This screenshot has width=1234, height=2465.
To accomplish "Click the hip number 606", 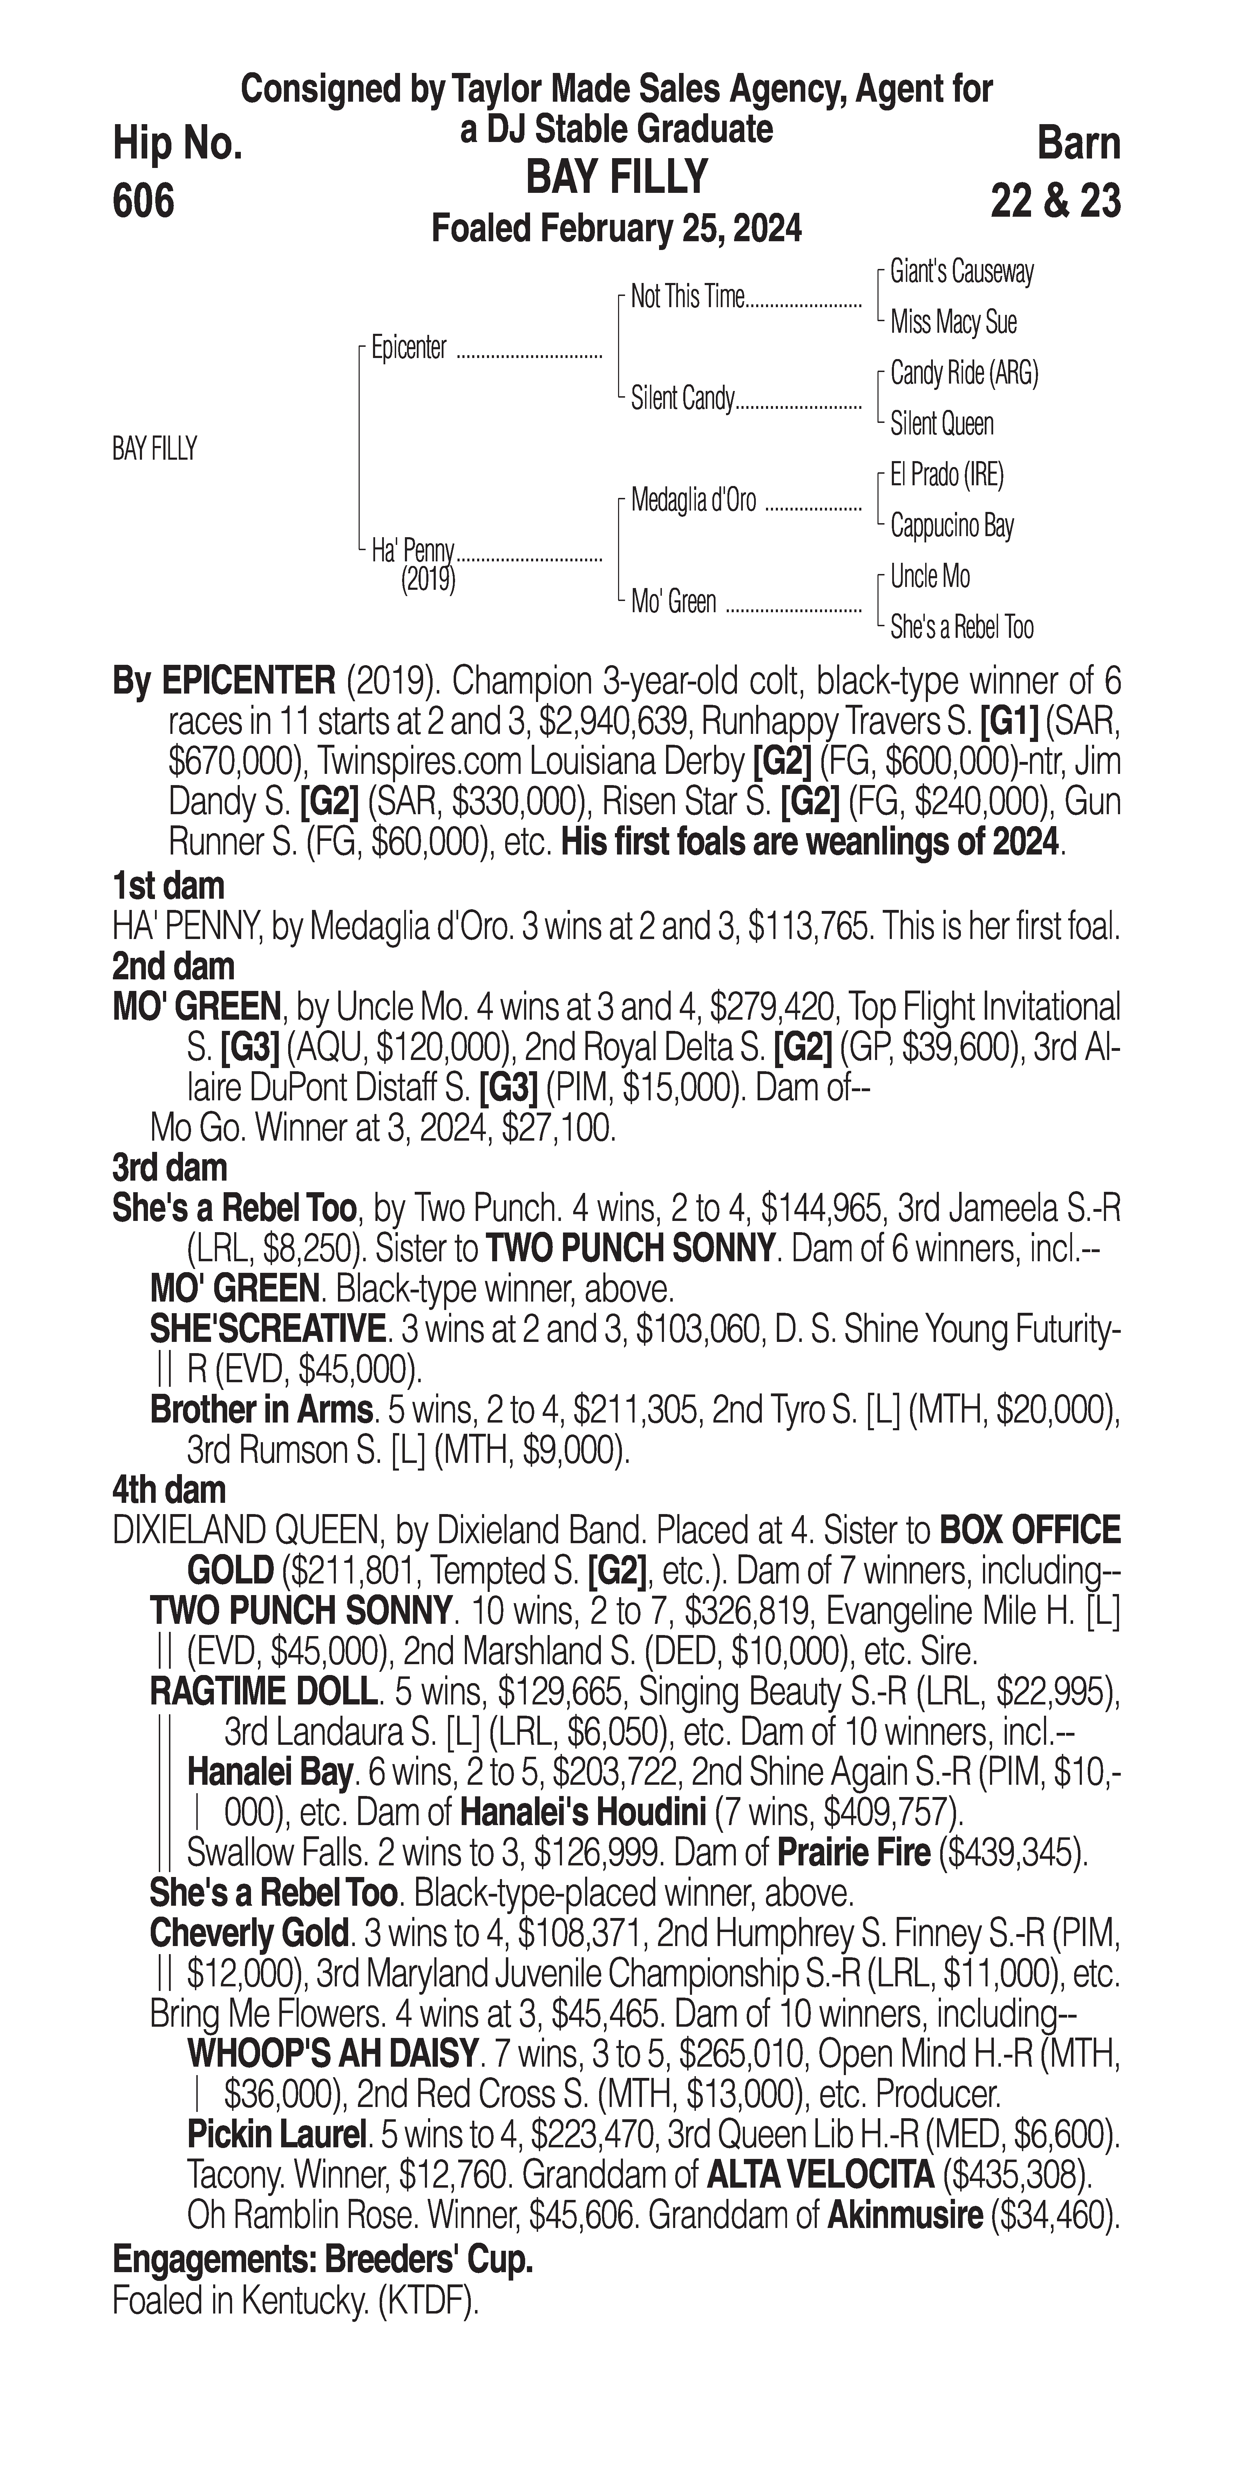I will click(x=143, y=201).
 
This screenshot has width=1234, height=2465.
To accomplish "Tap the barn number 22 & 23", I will click(x=1055, y=201).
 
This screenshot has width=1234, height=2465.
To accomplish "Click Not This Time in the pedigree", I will click(x=687, y=298).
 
